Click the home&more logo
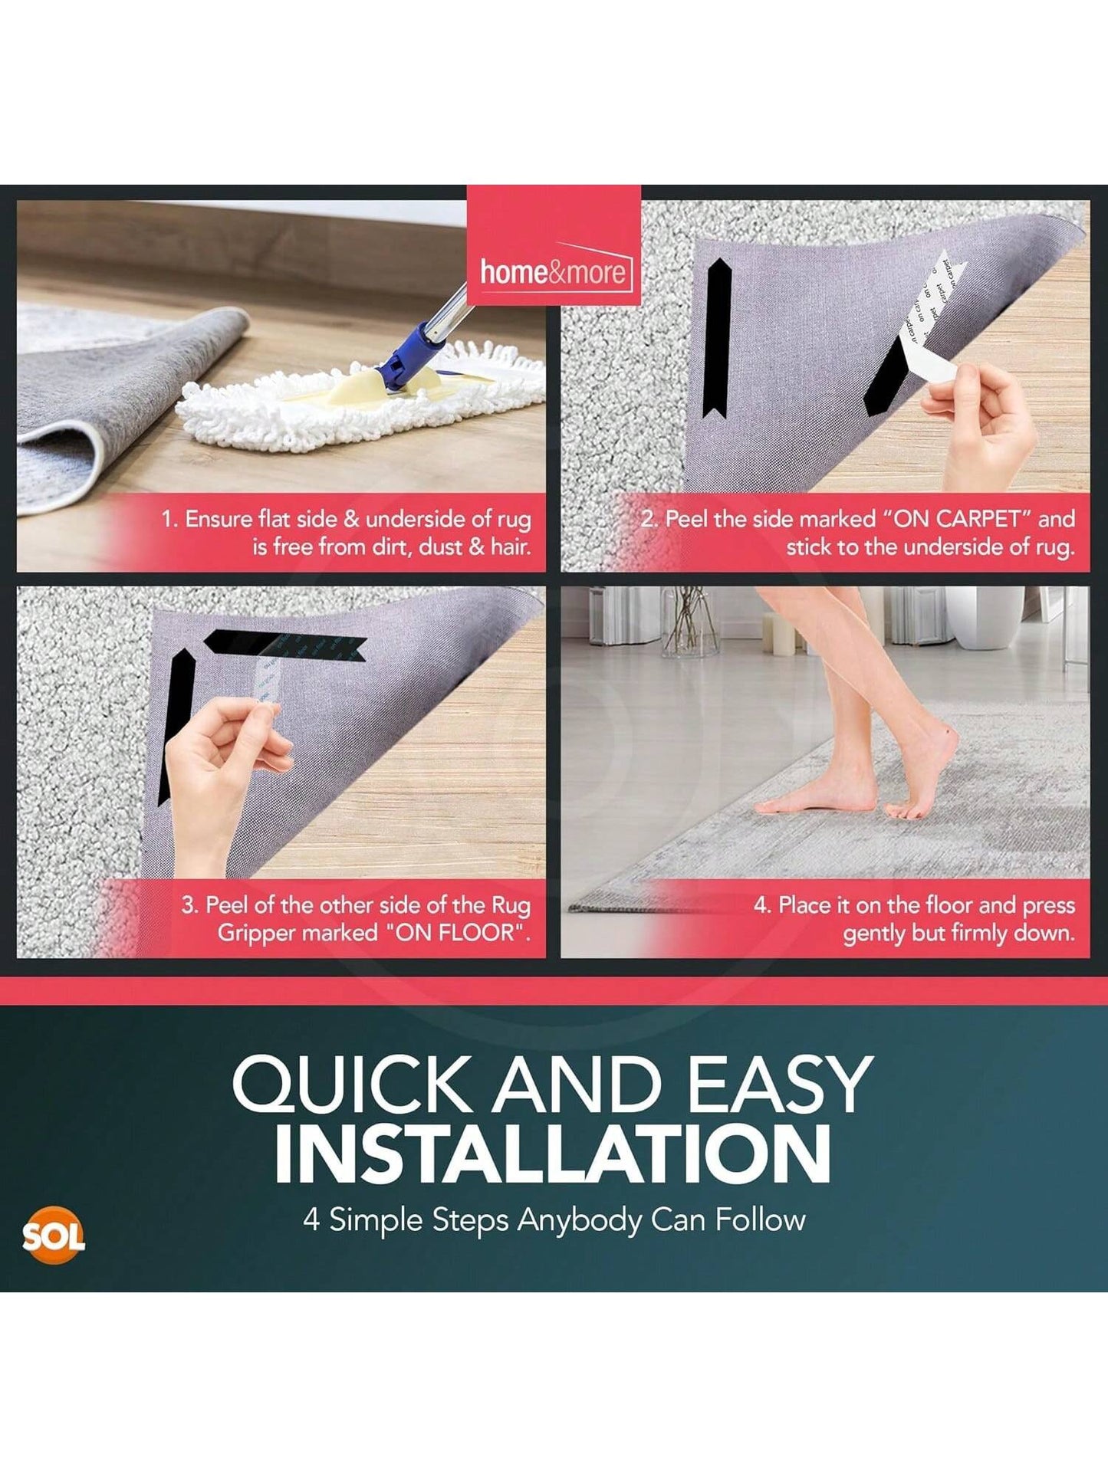(x=554, y=272)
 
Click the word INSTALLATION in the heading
(x=552, y=1154)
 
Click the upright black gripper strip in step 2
(x=718, y=337)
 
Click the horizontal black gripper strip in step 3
(x=284, y=642)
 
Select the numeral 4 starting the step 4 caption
(x=761, y=905)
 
